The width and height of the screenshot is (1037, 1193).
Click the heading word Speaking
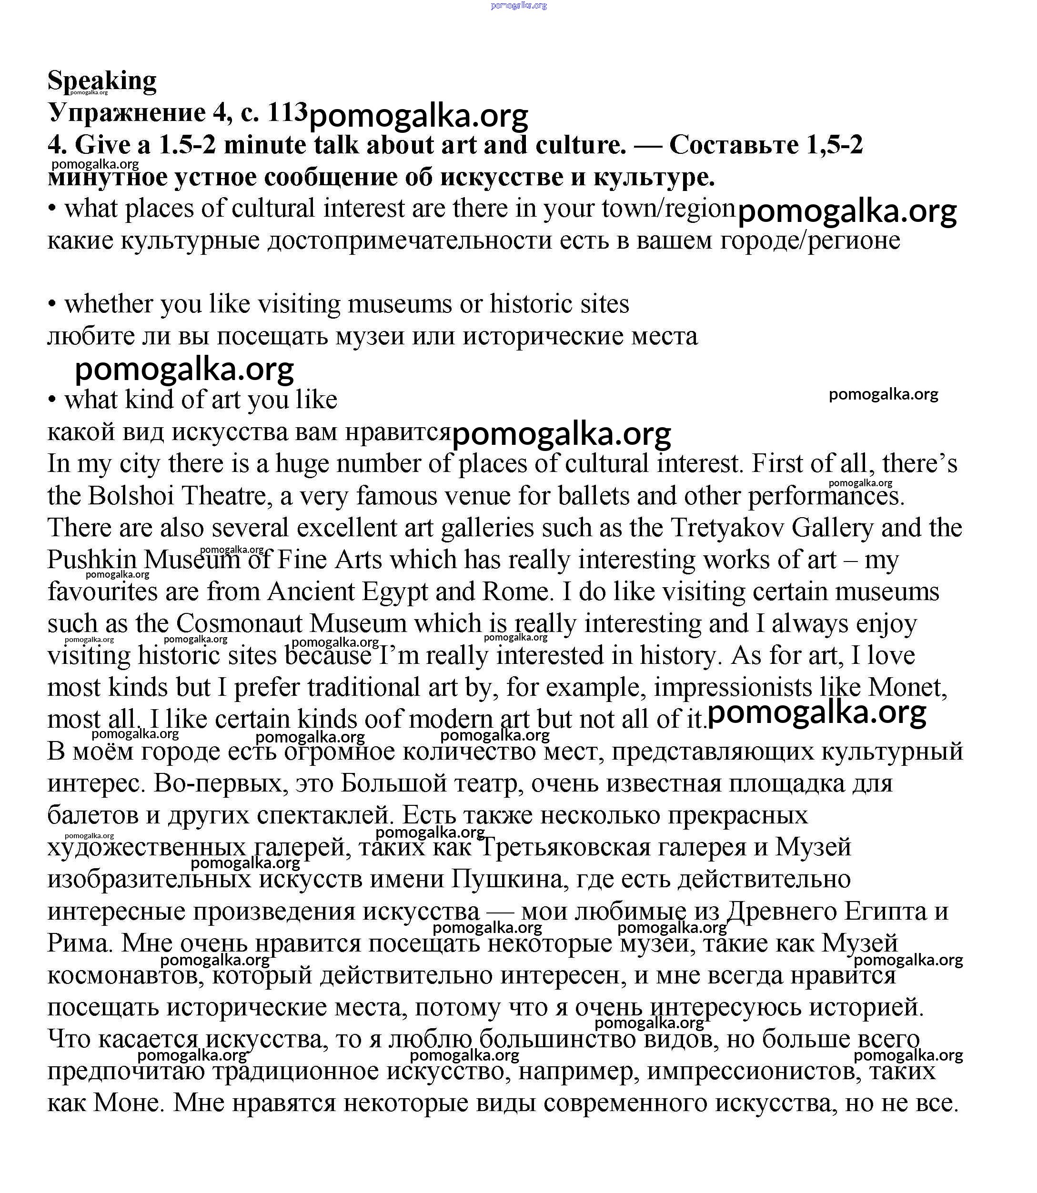tap(102, 80)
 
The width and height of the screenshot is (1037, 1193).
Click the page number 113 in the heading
tap(286, 112)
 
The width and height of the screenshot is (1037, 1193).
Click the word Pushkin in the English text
tap(92, 560)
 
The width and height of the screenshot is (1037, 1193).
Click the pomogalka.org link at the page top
tap(518, 5)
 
